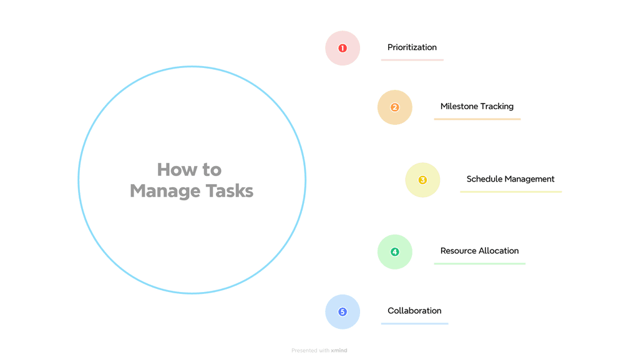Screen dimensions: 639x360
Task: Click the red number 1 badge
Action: coord(343,48)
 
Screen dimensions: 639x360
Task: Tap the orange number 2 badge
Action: coord(395,107)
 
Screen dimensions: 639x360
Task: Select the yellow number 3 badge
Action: coord(422,180)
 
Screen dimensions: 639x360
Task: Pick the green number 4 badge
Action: coord(395,252)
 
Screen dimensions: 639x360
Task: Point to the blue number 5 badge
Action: coord(343,312)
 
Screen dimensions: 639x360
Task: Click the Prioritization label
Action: coord(412,47)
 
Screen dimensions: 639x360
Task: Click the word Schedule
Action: coord(484,179)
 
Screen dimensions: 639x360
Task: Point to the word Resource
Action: coord(458,251)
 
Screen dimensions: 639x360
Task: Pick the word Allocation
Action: coord(499,251)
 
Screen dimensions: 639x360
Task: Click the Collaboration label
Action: coord(414,311)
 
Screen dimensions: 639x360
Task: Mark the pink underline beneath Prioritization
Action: coord(412,60)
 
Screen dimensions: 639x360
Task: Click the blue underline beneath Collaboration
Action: coord(414,323)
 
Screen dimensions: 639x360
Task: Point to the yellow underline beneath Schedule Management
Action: coord(510,192)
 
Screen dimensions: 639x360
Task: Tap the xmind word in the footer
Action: coord(339,351)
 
